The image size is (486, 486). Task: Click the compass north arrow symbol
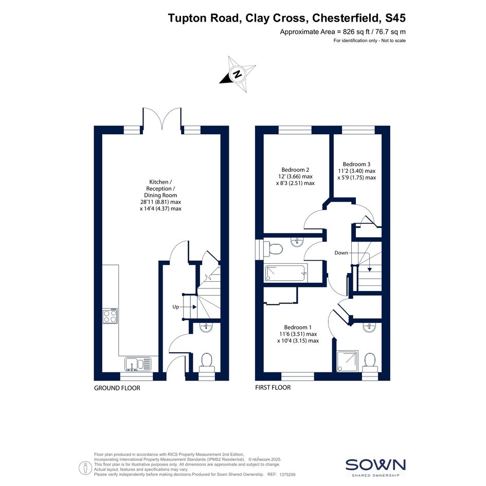(x=238, y=74)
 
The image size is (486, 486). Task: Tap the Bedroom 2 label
(x=295, y=170)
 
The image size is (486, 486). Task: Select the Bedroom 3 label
(x=356, y=164)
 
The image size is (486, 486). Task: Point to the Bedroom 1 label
(x=298, y=327)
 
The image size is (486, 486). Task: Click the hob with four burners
(x=111, y=316)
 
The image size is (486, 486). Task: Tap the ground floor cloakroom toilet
(x=206, y=363)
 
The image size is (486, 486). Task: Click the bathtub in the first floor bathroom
(x=285, y=274)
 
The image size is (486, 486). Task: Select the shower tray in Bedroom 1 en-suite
(x=347, y=361)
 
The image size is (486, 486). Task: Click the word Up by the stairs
(x=176, y=307)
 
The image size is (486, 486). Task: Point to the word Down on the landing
(x=341, y=253)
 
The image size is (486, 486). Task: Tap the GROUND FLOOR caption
(x=117, y=388)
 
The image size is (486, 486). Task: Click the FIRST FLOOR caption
(x=273, y=387)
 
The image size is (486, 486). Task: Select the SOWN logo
(x=375, y=465)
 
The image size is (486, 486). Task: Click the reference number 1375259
(x=287, y=475)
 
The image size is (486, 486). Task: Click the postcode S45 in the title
(x=395, y=18)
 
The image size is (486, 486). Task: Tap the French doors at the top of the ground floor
(x=162, y=119)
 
